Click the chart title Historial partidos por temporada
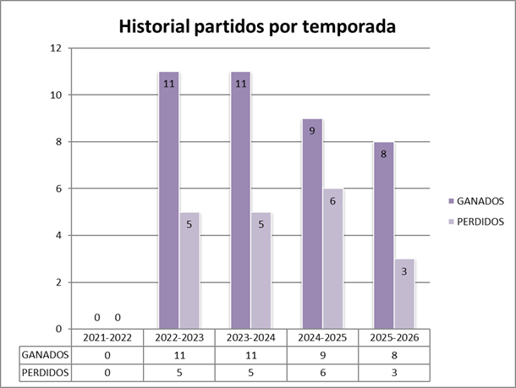(257, 26)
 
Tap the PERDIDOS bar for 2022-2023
(190, 271)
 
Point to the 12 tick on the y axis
(56, 48)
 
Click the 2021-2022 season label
(107, 337)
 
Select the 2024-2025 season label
(323, 337)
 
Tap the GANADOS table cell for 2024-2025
(323, 355)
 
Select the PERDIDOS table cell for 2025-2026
(395, 372)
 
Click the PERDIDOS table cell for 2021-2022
(107, 372)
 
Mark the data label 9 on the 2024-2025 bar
(312, 131)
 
